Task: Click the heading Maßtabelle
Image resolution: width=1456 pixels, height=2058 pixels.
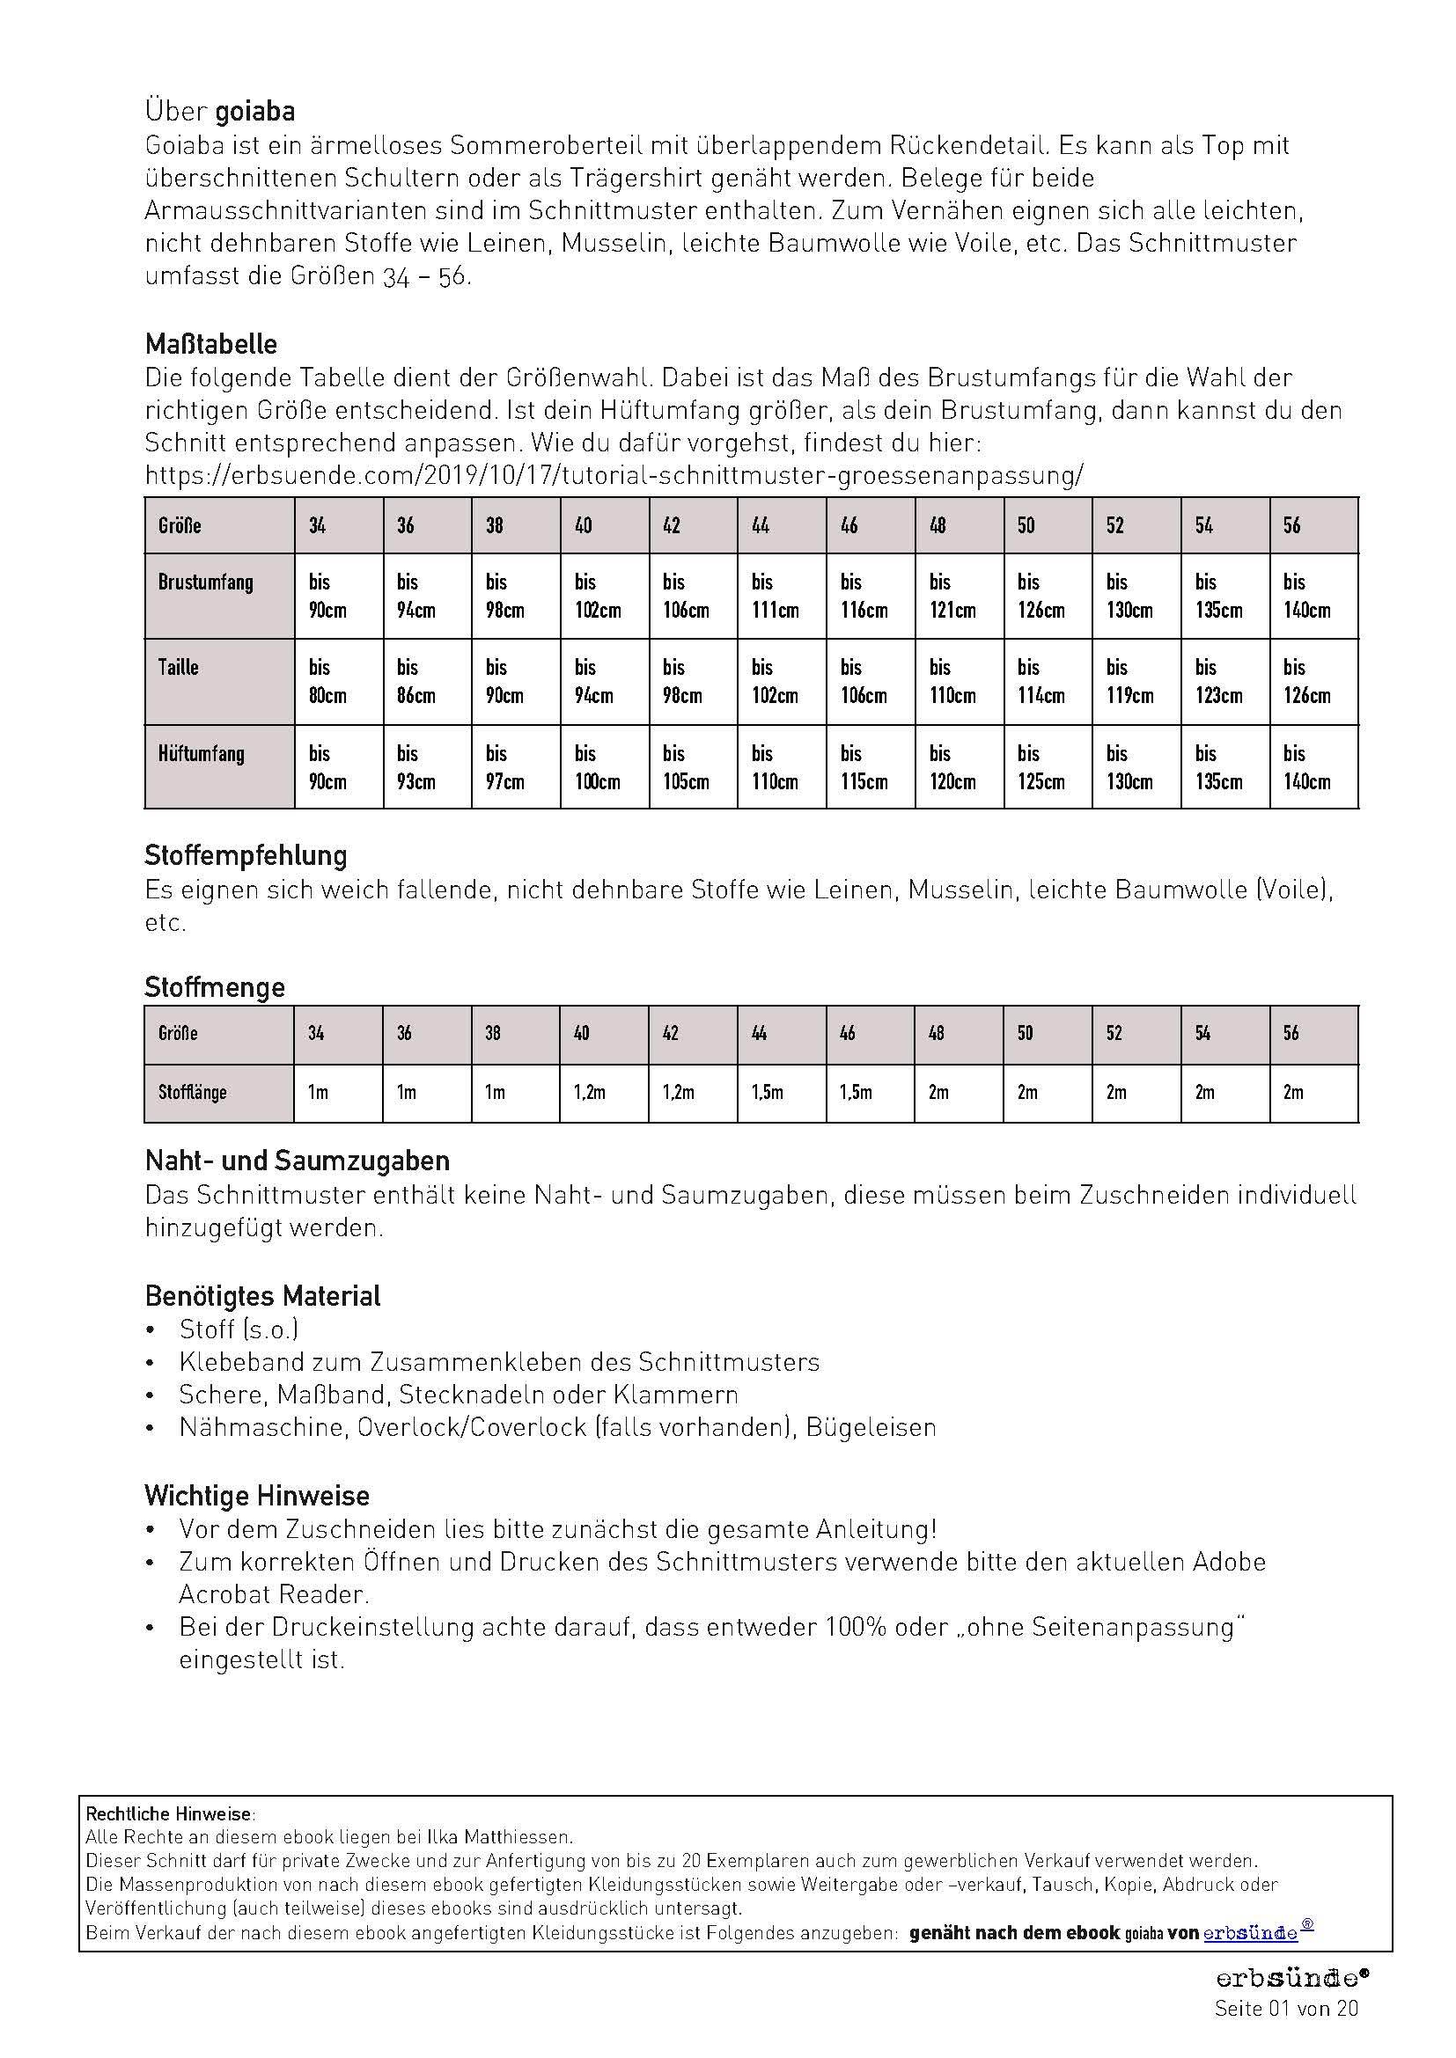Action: [x=210, y=344]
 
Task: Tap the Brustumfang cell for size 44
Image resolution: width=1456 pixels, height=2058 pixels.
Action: [x=781, y=596]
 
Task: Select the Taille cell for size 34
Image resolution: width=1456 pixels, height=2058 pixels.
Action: [x=338, y=681]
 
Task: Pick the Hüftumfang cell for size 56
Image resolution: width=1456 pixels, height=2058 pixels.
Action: [x=1313, y=767]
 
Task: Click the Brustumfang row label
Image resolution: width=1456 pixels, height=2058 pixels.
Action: [x=205, y=582]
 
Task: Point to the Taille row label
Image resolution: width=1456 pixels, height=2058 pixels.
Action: [x=179, y=668]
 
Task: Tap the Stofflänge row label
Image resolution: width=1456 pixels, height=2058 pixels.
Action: [x=192, y=1093]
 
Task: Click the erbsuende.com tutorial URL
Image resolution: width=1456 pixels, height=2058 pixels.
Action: [x=614, y=475]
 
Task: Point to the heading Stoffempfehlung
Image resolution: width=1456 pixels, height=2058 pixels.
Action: [x=246, y=855]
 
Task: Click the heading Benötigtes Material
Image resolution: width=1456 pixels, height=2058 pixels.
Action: [x=262, y=1296]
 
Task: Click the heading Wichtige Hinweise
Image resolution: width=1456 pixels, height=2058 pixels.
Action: [x=257, y=1496]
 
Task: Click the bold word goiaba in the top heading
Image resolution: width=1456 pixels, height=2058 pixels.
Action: [x=254, y=112]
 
